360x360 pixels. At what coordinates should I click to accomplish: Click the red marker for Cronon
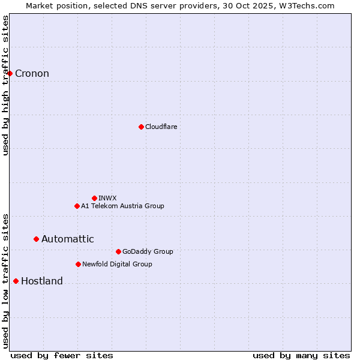point(10,73)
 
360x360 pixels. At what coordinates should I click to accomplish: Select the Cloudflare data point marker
point(141,127)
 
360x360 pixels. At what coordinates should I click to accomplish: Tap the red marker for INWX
point(94,198)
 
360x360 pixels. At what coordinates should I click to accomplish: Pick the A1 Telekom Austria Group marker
point(77,206)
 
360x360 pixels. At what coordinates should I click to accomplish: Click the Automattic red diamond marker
point(36,239)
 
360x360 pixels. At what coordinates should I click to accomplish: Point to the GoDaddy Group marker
point(118,251)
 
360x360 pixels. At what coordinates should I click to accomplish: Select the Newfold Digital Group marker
point(78,264)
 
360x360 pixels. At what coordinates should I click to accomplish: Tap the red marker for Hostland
point(16,281)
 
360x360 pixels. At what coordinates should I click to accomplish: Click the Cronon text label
point(32,74)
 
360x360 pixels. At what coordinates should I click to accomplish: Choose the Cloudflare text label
point(161,127)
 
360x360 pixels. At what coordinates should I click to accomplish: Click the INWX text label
point(107,198)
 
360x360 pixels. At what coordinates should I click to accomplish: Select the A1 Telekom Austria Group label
point(122,206)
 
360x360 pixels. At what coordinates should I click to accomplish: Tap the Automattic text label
point(67,239)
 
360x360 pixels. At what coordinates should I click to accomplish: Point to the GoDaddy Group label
point(147,251)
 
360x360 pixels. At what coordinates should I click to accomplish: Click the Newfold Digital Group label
point(117,264)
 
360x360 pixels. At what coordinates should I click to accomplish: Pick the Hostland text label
point(41,281)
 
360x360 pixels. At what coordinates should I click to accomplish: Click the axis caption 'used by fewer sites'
point(62,355)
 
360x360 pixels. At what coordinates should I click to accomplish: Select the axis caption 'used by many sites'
point(301,355)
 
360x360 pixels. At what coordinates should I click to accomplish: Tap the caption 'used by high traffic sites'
point(5,85)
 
